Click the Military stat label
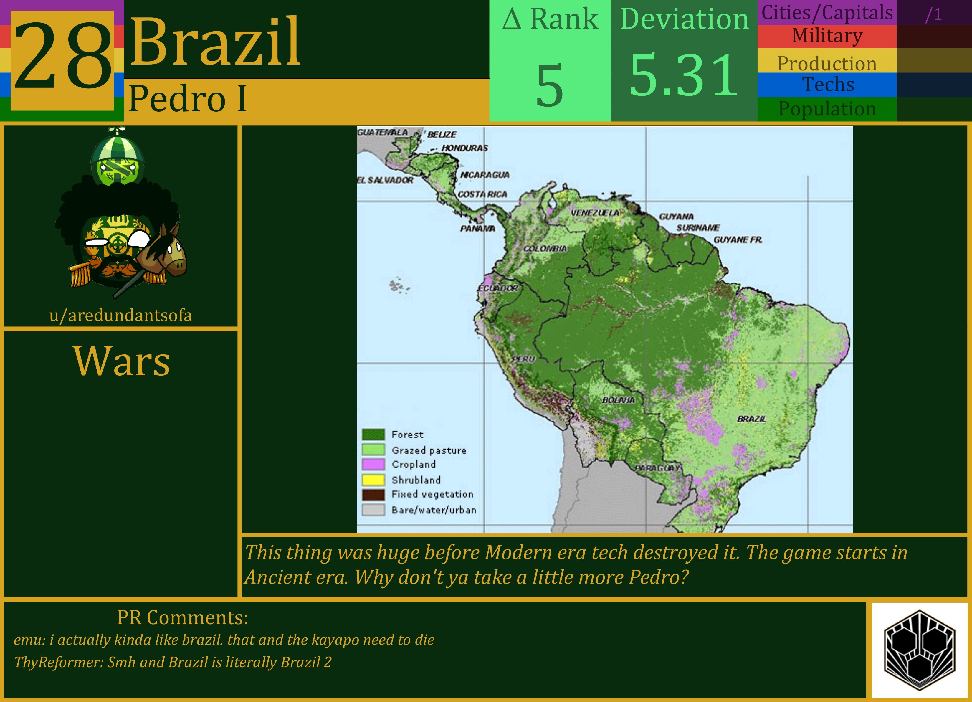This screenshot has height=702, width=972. (x=827, y=36)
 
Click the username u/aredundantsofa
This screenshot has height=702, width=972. (x=121, y=316)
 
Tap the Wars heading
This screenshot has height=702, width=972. (x=122, y=361)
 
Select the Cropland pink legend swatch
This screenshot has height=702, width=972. (x=373, y=465)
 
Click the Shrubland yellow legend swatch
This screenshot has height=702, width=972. (x=373, y=480)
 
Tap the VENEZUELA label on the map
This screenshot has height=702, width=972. (x=595, y=213)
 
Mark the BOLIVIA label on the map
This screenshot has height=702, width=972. (x=619, y=400)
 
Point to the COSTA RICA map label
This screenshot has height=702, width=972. (x=482, y=194)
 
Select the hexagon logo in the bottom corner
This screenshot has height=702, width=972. (x=920, y=650)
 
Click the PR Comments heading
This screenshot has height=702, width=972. (x=183, y=617)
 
